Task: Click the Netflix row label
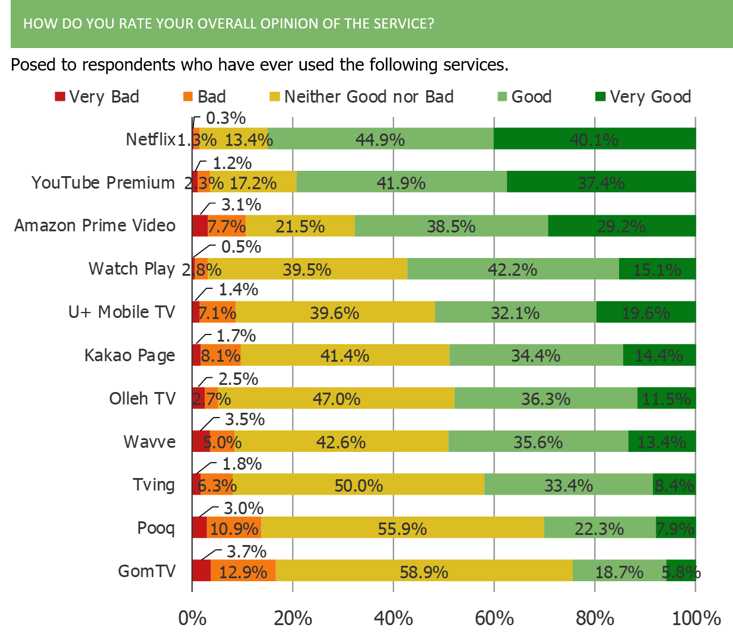[151, 139]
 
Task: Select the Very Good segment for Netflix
[594, 139]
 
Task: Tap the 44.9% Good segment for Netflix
[380, 139]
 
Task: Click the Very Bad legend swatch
[60, 97]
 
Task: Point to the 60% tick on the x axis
[494, 619]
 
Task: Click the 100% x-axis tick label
[696, 619]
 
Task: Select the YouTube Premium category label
[103, 183]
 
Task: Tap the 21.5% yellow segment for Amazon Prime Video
[300, 226]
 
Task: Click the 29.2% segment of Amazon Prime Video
[621, 226]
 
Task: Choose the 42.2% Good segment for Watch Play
[513, 269]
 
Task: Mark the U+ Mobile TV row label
[122, 312]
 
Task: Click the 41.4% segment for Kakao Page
[345, 355]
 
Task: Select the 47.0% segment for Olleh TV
[337, 399]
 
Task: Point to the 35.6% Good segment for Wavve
[538, 442]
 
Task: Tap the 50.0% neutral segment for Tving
[358, 485]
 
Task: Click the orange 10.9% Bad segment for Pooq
[234, 528]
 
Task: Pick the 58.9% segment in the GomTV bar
[424, 571]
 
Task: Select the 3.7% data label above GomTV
[247, 552]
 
